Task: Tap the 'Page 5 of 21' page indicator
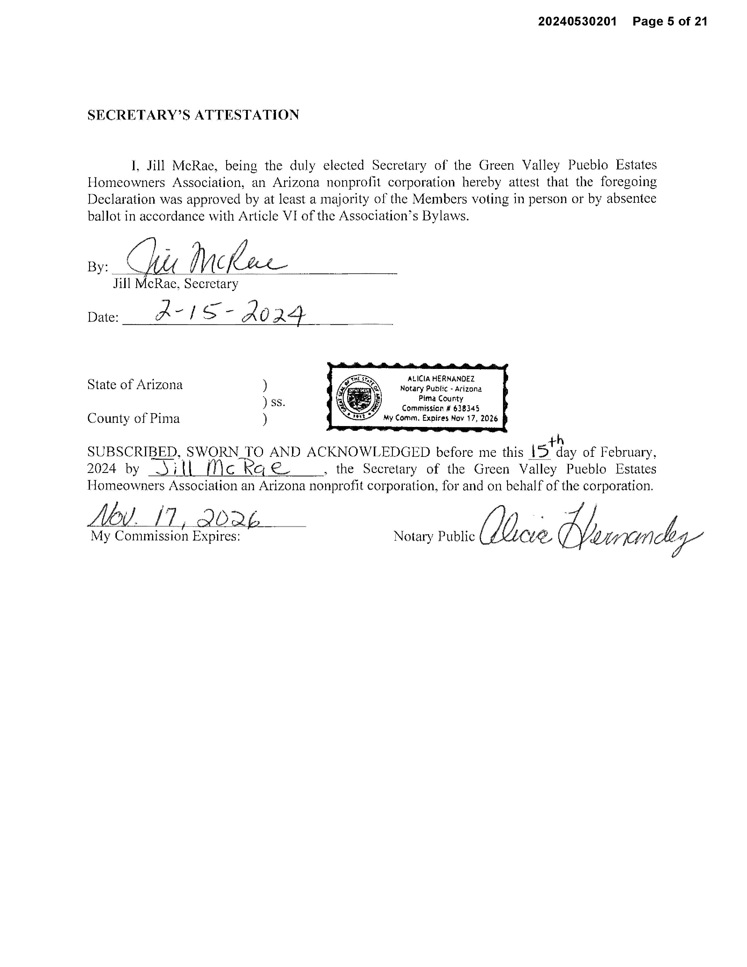coord(670,21)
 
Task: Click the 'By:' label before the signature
coord(97,267)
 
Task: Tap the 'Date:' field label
coord(103,317)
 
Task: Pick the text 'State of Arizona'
coord(135,384)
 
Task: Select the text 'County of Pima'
coord(133,418)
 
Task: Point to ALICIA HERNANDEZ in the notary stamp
coord(441,379)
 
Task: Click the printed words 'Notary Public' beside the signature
coord(434,536)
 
